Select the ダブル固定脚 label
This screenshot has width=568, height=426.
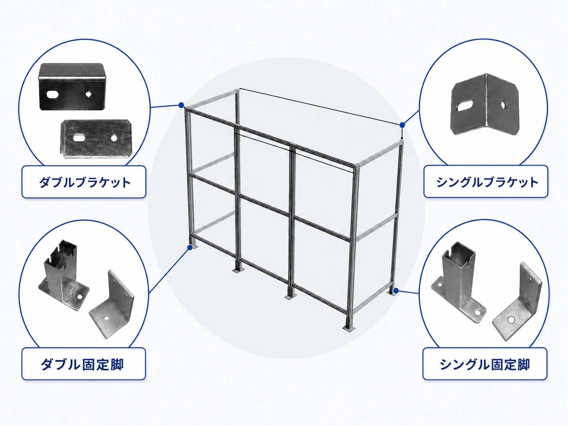click(82, 364)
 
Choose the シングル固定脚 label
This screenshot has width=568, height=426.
click(485, 364)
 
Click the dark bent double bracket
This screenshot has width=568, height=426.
click(72, 87)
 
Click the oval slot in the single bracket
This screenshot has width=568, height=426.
click(464, 106)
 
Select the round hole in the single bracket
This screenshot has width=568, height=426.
click(503, 105)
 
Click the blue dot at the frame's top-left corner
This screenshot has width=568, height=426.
click(181, 105)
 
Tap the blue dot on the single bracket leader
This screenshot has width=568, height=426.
click(402, 125)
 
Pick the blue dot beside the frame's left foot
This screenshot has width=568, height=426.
click(190, 248)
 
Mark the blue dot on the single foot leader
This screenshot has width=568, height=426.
click(395, 291)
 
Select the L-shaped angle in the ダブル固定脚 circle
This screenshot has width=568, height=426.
click(112, 305)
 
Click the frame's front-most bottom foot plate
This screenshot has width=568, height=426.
click(349, 328)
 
